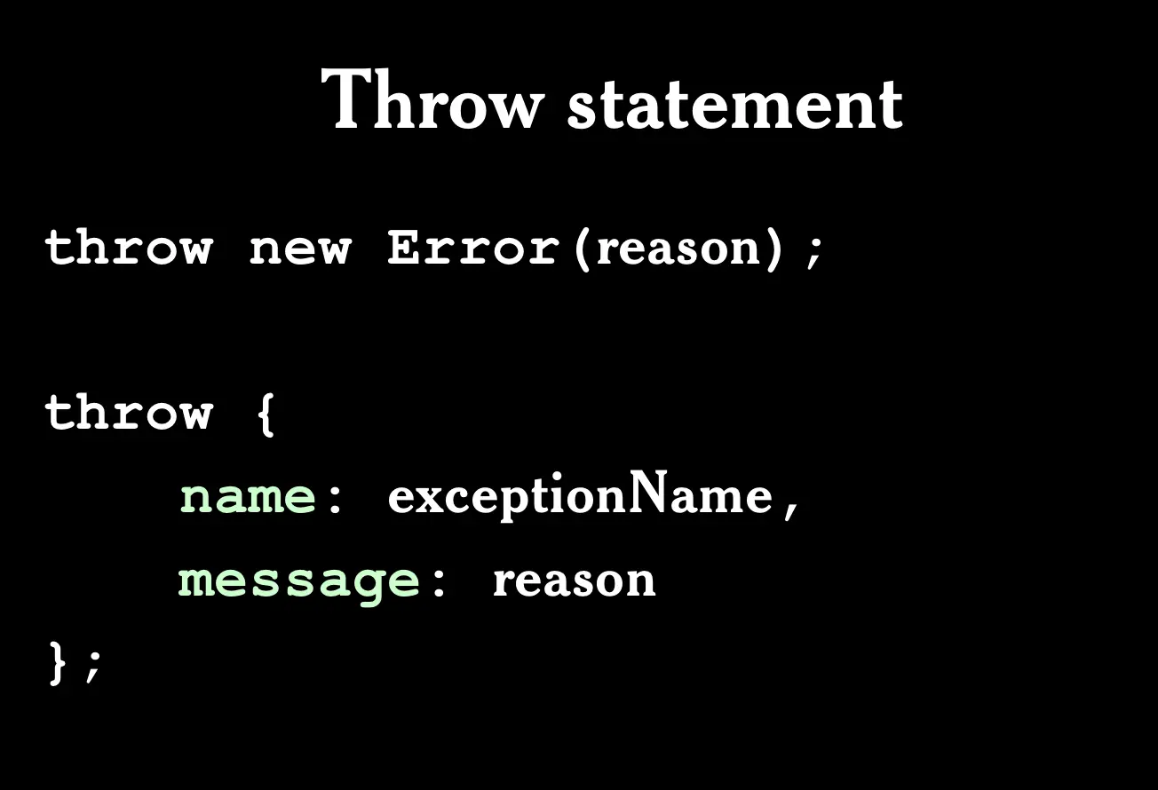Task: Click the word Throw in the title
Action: (432, 99)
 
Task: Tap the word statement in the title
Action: (735, 103)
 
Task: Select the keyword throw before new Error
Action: (129, 248)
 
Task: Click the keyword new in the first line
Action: (300, 250)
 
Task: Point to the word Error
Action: (473, 248)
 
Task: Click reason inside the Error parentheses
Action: (678, 249)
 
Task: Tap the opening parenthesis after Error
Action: (582, 249)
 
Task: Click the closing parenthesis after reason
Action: (773, 249)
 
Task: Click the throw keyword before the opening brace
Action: (129, 412)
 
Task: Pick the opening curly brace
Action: (266, 415)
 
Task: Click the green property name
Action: (248, 496)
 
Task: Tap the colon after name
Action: (335, 499)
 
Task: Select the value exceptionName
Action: (580, 495)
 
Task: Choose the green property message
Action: (298, 584)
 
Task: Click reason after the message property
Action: (575, 581)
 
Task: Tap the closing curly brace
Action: (58, 663)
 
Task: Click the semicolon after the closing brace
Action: (93, 667)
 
